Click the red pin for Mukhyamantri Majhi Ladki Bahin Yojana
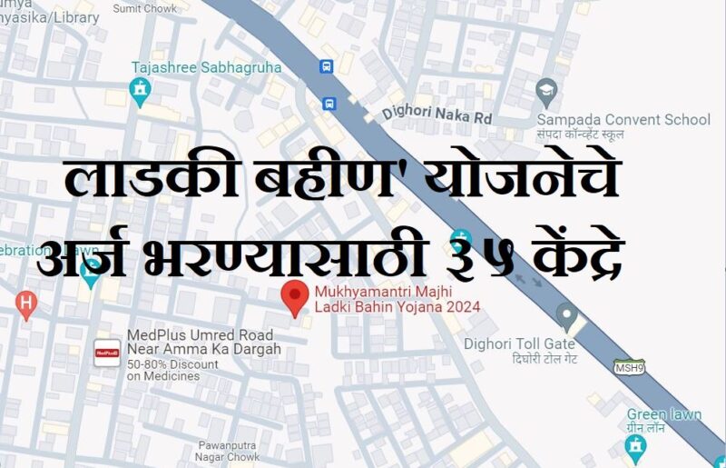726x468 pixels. (x=292, y=297)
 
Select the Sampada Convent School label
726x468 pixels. (x=623, y=119)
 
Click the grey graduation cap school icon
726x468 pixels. (x=545, y=89)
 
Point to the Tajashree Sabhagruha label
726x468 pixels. (x=206, y=67)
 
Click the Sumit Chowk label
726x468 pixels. (x=145, y=8)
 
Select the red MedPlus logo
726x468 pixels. (x=108, y=353)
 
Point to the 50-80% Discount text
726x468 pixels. (x=172, y=364)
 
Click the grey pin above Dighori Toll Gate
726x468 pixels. (x=567, y=317)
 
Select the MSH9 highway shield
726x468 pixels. (x=628, y=367)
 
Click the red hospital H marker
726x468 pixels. (x=27, y=302)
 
